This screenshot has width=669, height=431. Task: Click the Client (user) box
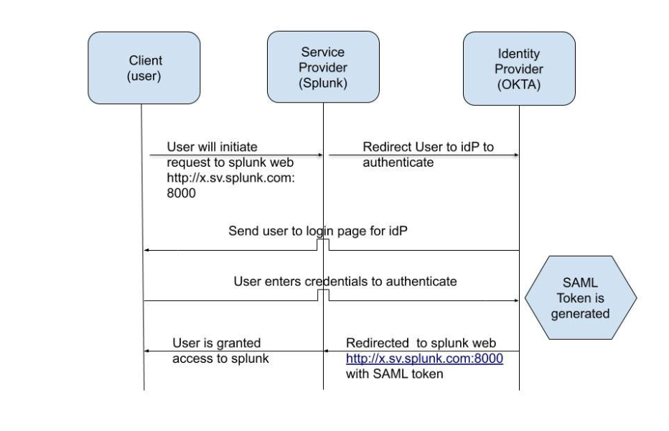pos(144,68)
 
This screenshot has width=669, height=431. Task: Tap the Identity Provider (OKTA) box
pos(518,68)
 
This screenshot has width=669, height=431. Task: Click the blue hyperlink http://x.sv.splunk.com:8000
pos(424,358)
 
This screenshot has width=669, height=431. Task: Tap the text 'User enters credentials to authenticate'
pos(345,281)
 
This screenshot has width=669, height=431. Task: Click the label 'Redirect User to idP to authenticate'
pos(428,154)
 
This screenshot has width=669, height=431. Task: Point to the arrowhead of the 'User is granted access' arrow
pos(147,351)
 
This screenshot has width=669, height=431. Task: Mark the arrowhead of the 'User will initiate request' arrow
pos(320,154)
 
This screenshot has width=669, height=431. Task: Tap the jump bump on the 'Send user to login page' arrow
pos(323,245)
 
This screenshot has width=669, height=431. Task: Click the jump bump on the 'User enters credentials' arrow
pos(323,295)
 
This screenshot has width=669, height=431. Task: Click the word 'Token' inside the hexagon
pos(581,298)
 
